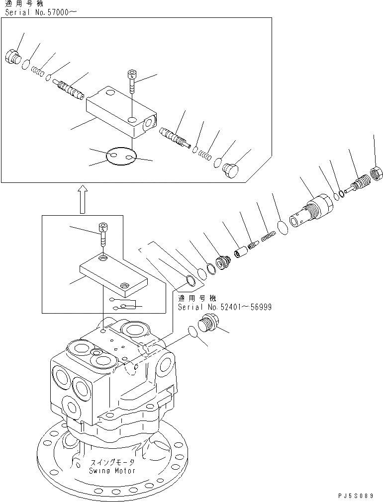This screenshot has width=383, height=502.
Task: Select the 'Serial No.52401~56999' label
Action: [224, 307]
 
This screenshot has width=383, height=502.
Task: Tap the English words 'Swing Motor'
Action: [112, 471]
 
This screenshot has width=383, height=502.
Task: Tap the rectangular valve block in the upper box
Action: [121, 112]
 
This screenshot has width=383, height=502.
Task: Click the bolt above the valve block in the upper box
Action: [131, 82]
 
